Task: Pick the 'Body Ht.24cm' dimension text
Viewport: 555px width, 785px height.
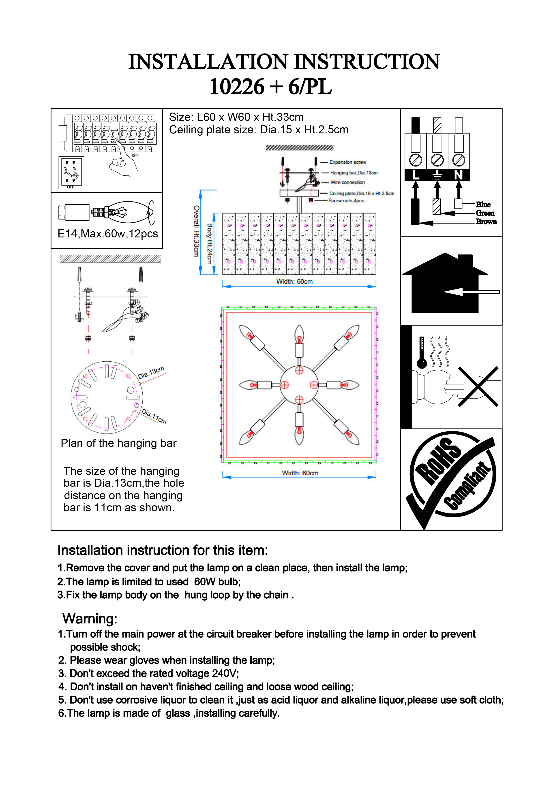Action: tap(210, 243)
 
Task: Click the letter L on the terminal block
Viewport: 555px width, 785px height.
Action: tap(416, 175)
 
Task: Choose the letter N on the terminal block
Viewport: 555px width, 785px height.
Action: tap(458, 175)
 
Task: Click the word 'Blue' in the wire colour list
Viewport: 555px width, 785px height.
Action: tap(483, 205)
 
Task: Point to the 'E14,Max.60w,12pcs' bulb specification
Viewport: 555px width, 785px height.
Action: tap(108, 234)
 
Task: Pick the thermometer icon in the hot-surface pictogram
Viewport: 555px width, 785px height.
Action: tap(422, 352)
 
